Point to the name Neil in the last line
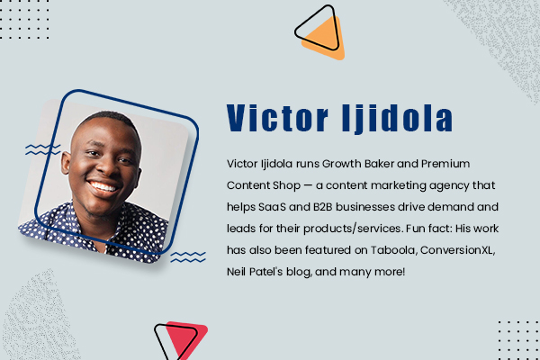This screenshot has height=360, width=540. tap(239, 269)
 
